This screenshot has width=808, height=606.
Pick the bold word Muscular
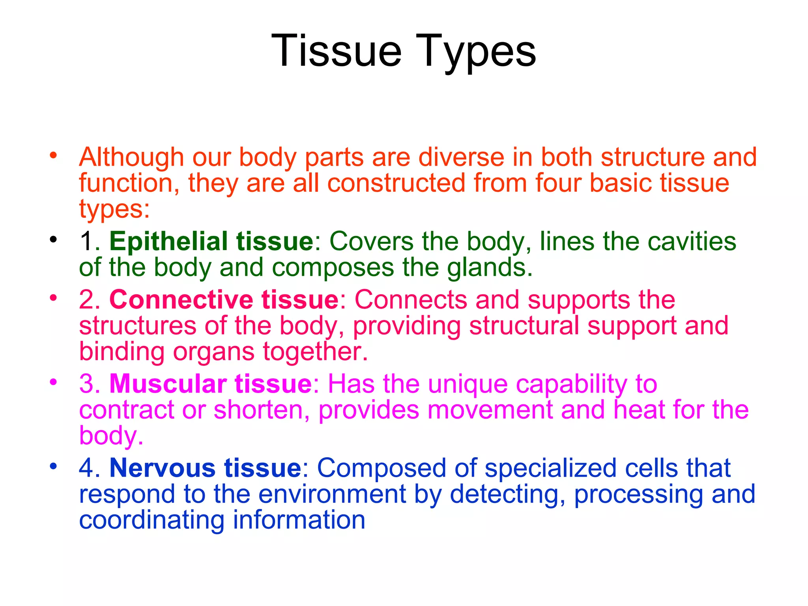168,383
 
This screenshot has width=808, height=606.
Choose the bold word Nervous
162,468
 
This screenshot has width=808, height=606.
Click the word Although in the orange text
131,157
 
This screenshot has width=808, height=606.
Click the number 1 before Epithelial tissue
86,241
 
